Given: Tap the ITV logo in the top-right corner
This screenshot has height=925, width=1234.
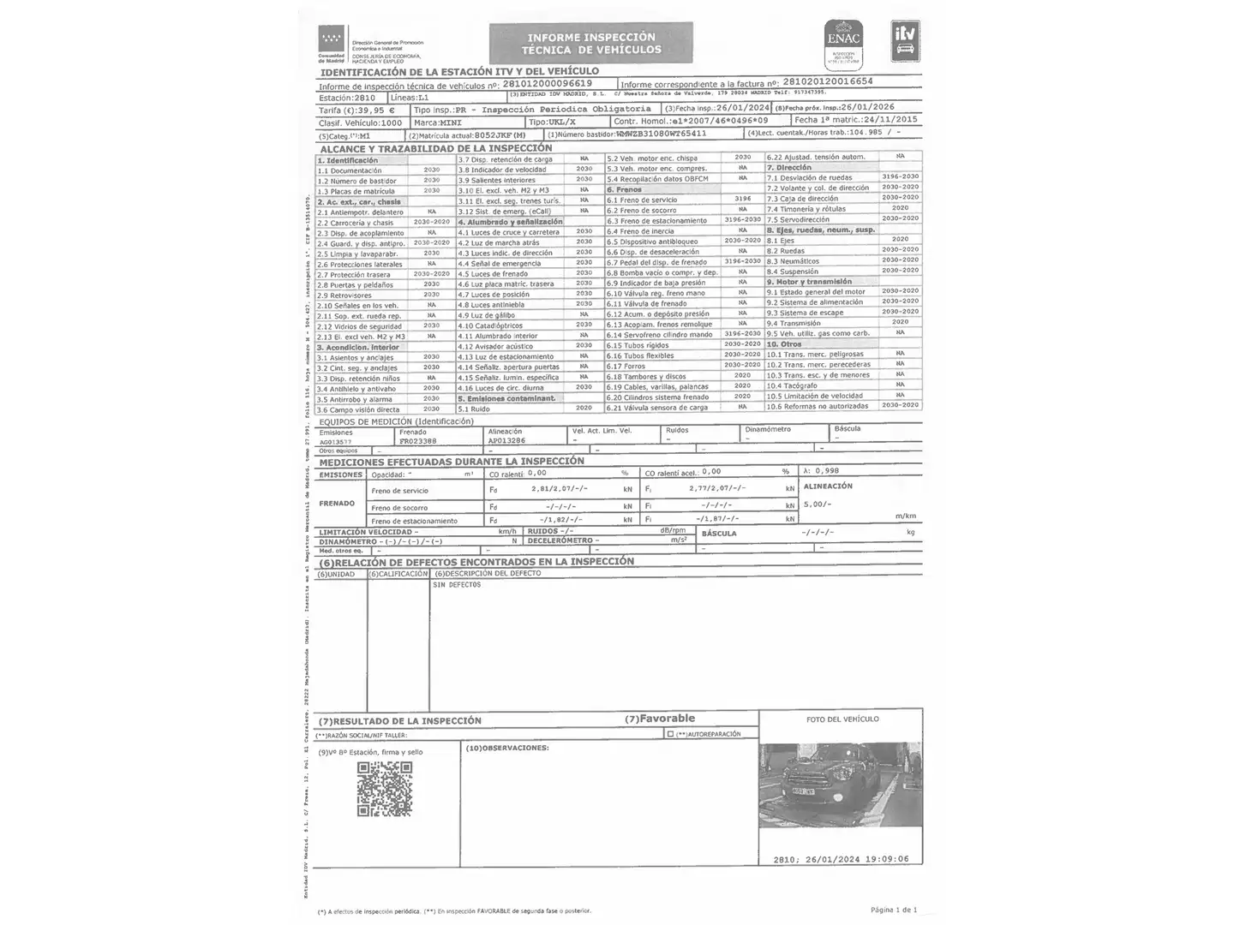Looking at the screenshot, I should [x=905, y=41].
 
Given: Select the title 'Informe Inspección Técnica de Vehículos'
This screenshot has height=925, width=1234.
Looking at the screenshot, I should [x=590, y=44].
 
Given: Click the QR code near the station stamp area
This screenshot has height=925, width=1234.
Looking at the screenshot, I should [x=384, y=789].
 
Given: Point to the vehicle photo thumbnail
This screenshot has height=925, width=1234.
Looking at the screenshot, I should [x=840, y=785].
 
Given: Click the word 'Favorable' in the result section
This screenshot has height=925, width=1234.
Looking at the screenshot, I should [x=667, y=719].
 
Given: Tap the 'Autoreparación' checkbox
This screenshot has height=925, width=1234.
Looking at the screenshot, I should [x=670, y=734].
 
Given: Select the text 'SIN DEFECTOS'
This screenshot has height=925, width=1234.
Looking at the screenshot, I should [x=457, y=585].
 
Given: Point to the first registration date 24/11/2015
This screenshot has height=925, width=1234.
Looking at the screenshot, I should [x=886, y=120].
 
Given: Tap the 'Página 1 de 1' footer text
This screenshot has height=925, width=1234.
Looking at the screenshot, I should [x=893, y=910].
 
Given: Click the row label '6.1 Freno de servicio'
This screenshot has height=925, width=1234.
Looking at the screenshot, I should [x=642, y=200].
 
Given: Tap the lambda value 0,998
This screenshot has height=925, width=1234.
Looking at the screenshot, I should [x=827, y=471].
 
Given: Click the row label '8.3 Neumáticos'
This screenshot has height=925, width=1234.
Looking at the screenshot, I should [x=793, y=261].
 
